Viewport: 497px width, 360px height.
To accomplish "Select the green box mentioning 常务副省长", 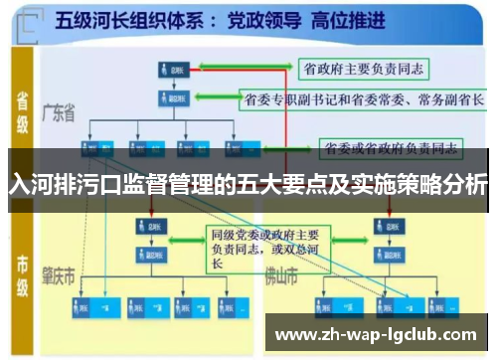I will [363, 99].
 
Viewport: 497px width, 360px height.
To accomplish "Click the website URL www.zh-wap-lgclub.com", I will [377, 334].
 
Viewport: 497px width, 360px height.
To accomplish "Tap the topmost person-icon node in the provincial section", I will [166, 69].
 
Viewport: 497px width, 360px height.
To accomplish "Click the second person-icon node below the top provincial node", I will [166, 99].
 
